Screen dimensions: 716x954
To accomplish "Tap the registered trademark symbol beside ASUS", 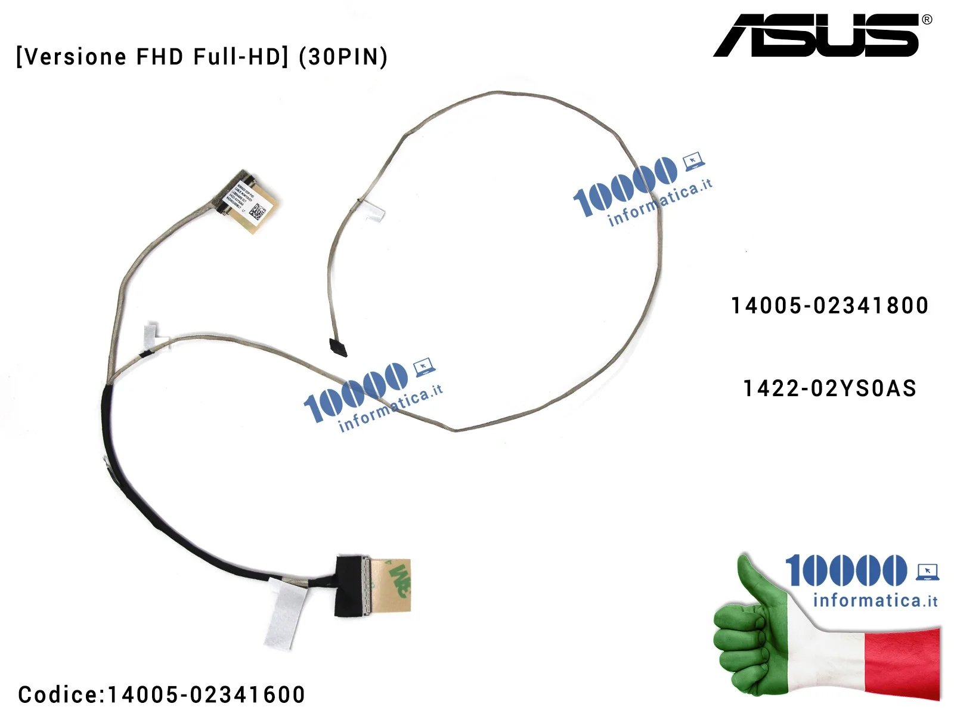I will (x=927, y=20).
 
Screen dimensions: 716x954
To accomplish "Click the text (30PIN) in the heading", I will (x=343, y=57).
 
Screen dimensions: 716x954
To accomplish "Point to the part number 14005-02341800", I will (x=829, y=305).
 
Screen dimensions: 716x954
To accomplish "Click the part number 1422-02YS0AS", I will (x=829, y=388).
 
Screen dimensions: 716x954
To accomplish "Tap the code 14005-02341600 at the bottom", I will (x=206, y=695).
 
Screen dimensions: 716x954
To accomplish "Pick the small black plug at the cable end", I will (x=337, y=347).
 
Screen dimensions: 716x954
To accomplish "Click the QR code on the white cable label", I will (x=258, y=211).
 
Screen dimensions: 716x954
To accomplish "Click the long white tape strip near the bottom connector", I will (x=285, y=615).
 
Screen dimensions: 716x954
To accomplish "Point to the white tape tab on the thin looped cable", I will (x=374, y=212).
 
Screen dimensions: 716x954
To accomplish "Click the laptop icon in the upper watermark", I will (x=693, y=161).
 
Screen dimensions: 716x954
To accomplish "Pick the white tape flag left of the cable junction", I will (x=154, y=334).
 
